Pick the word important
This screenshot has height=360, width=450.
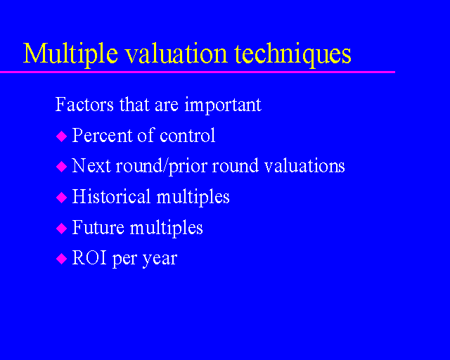click(223, 105)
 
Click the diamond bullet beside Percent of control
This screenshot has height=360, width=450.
click(61, 136)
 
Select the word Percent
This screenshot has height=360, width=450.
click(102, 135)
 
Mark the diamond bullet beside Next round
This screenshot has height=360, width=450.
click(61, 167)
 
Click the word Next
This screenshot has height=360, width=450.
click(89, 166)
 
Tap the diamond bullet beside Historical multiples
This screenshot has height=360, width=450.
click(61, 198)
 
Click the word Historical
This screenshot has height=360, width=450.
click(112, 197)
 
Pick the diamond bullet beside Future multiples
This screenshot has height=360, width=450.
click(61, 229)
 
